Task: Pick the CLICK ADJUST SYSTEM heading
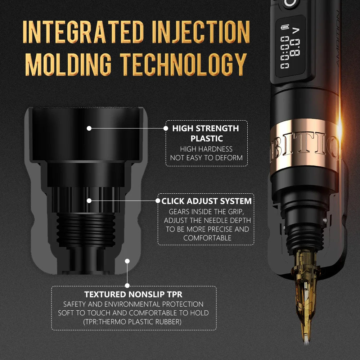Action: click(207, 201)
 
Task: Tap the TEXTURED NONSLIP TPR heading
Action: click(133, 294)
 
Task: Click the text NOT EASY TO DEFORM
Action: click(207, 158)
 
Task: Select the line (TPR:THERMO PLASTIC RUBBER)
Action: click(133, 322)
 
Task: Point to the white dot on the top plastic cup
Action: click(89, 128)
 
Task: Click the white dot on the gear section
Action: click(89, 201)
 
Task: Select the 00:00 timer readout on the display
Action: click(285, 52)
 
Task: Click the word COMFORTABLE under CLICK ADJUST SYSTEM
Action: click(207, 238)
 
